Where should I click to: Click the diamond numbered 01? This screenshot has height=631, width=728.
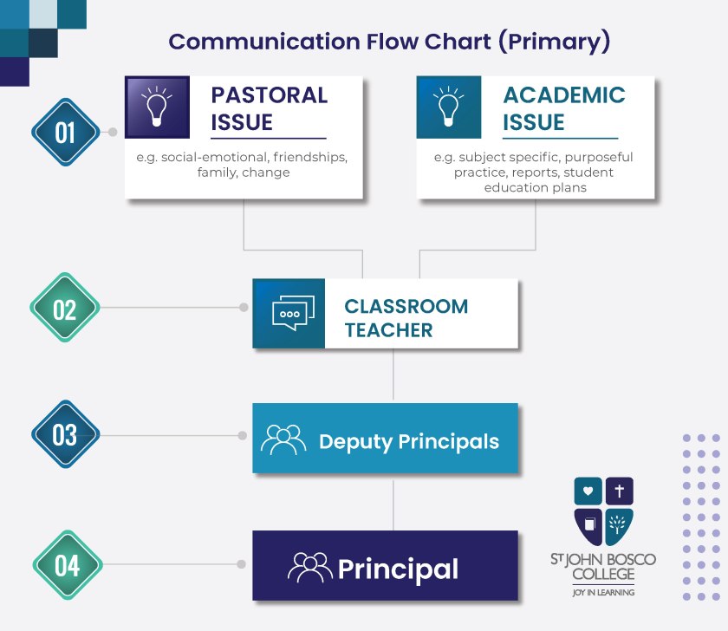[66, 133]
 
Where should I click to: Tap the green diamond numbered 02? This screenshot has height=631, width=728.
[65, 308]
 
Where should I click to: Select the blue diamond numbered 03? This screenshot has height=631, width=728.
[66, 434]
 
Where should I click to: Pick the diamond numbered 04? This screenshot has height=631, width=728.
[68, 564]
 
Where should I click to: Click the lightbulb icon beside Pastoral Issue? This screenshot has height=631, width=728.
[157, 107]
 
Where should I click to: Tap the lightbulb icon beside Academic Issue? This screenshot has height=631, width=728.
[449, 107]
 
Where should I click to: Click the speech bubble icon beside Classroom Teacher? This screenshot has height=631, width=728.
[293, 313]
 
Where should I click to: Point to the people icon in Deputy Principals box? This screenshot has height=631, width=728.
[283, 439]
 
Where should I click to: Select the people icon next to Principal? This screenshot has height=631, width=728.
[309, 568]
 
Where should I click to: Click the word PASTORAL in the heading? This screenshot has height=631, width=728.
[270, 95]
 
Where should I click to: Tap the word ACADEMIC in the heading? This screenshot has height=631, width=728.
[564, 95]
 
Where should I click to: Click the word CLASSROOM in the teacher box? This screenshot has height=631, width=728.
[406, 307]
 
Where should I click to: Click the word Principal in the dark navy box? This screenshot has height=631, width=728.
[398, 569]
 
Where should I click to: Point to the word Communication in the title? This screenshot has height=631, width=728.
[264, 42]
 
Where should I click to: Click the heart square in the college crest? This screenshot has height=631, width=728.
[588, 491]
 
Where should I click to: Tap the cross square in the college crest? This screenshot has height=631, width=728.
[620, 491]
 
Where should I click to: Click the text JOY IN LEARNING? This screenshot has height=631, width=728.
[603, 593]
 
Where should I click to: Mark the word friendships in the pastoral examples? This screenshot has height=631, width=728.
[310, 157]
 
